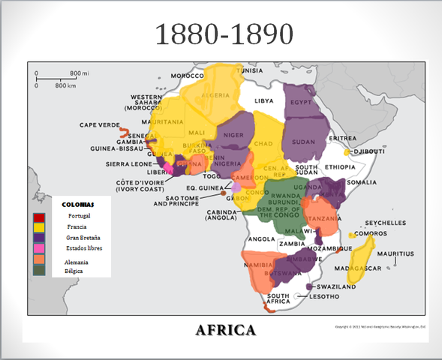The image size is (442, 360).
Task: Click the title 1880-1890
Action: coord(223,34)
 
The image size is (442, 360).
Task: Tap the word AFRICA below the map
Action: coord(225,329)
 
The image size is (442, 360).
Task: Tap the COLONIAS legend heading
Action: coord(79,204)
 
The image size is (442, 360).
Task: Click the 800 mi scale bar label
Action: coord(80,73)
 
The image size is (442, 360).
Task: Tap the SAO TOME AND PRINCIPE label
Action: coord(177,199)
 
